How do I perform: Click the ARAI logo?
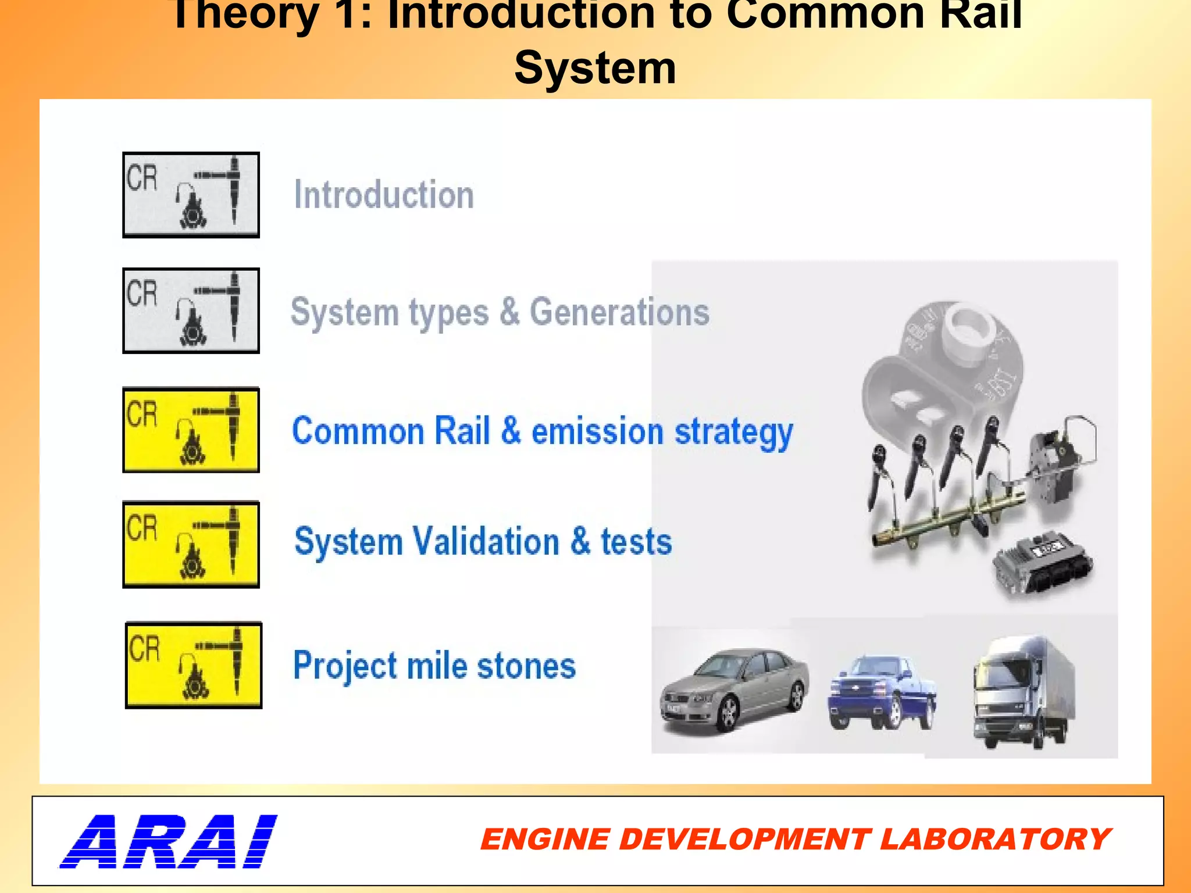click(x=169, y=841)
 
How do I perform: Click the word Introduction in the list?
click(x=384, y=195)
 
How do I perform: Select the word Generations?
click(x=619, y=312)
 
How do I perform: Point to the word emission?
click(x=597, y=431)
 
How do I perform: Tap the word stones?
click(x=526, y=666)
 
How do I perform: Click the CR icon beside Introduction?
click(x=191, y=195)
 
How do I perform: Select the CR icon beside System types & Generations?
click(x=191, y=310)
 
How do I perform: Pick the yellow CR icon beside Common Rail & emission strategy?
click(x=191, y=430)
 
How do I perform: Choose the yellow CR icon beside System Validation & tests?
click(x=191, y=544)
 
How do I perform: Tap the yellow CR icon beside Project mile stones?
click(x=194, y=665)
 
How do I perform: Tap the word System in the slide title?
click(x=595, y=68)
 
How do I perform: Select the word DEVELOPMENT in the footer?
click(x=744, y=840)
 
